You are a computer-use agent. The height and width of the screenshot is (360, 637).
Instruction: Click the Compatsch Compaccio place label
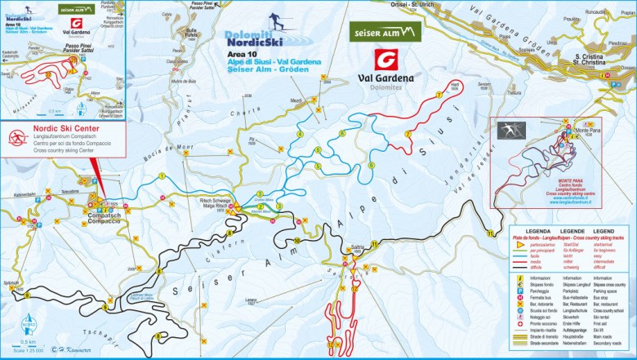click(x=105, y=218)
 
